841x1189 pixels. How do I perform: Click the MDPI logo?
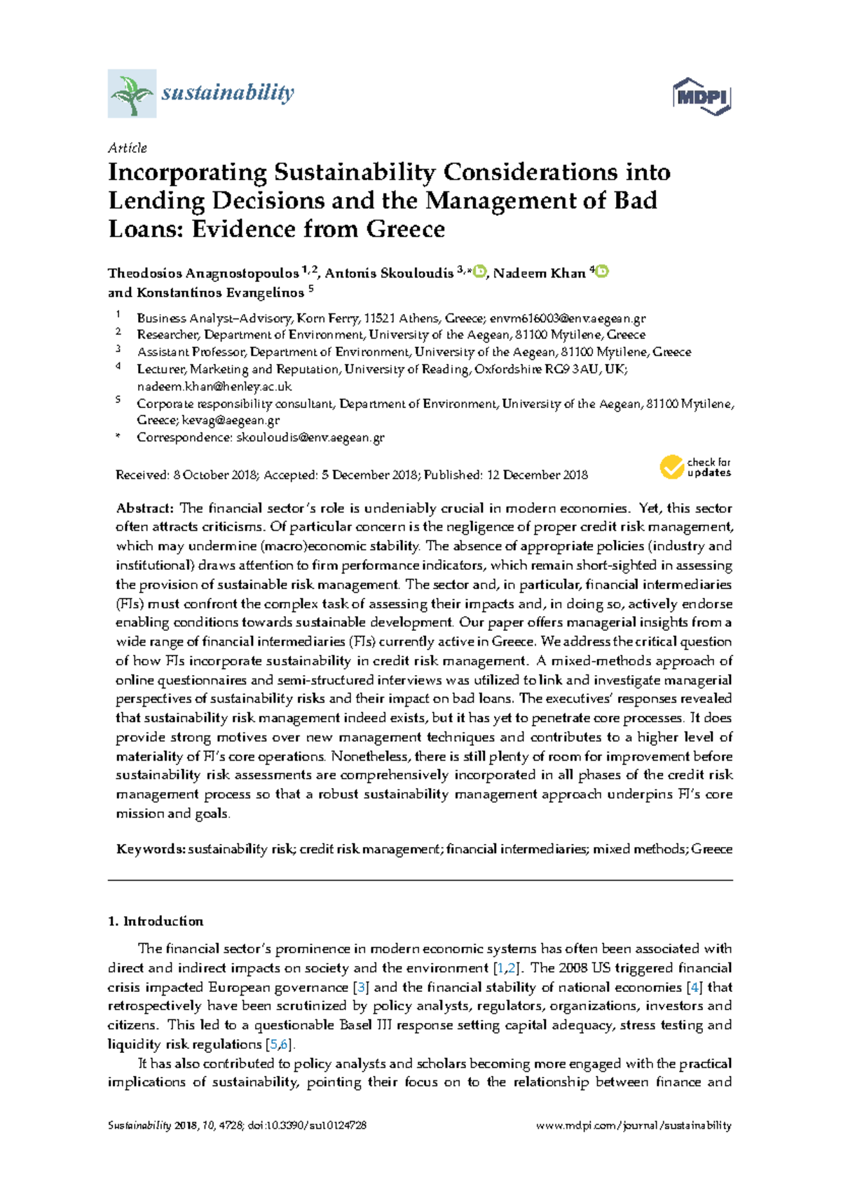702,96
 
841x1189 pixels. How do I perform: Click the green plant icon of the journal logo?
132,93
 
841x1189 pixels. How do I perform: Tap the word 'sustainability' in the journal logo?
228,93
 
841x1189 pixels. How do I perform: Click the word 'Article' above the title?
128,148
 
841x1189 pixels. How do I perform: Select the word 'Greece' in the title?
406,229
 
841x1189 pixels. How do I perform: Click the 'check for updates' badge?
695,468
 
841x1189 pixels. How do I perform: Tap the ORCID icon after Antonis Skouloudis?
480,272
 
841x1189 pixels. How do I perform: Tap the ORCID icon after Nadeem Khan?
601,272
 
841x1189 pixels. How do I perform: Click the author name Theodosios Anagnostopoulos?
203,273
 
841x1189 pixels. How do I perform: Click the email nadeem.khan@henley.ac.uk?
214,386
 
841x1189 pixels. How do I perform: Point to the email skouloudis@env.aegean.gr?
310,437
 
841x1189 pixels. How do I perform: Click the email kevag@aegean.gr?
231,421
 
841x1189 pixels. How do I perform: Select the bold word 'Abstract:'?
144,508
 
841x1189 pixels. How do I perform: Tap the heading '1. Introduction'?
156,921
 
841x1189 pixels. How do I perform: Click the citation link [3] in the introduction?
362,987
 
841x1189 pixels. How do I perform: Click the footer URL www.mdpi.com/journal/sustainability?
634,1126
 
